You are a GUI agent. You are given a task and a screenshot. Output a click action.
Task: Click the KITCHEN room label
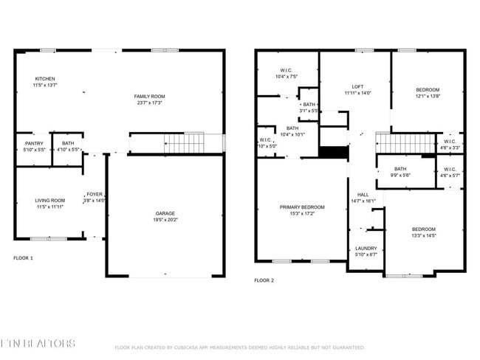tap(44, 79)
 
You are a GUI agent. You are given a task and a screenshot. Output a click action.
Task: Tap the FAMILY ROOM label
tap(149, 97)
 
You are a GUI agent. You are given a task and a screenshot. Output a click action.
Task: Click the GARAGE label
tap(165, 213)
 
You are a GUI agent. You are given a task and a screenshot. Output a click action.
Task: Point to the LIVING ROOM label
tap(50, 200)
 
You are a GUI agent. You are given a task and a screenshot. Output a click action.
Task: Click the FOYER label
tap(95, 195)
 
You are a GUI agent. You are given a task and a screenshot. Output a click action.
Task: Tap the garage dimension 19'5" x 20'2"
tap(165, 219)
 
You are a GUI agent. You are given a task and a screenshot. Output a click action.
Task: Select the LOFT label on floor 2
tap(357, 87)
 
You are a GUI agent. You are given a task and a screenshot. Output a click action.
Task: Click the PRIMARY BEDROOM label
tap(303, 207)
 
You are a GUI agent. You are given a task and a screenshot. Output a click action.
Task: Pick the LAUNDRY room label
tap(366, 249)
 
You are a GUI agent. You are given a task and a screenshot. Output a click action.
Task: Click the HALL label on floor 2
tap(363, 195)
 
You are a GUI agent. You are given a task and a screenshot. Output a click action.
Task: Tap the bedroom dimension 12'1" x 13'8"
tap(427, 96)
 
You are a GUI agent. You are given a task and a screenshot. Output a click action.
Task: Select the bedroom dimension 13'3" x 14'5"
tap(424, 235)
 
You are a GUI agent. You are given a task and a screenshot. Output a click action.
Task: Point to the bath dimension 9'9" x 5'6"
tap(400, 174)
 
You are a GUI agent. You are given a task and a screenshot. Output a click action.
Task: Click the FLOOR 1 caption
tap(24, 258)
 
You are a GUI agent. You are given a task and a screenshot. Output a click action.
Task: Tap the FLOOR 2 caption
tap(264, 280)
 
